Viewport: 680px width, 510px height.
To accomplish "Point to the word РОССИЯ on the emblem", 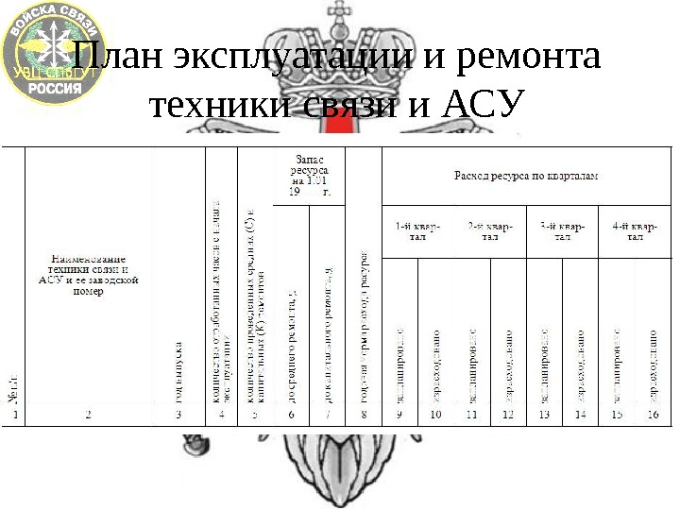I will point(55,85).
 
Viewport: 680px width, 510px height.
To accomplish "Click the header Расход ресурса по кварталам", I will point(526,176).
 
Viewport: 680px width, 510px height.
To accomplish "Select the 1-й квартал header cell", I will point(416,231).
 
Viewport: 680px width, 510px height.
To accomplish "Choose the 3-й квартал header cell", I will point(562,231).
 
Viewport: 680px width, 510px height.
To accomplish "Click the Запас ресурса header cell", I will point(311,176).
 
